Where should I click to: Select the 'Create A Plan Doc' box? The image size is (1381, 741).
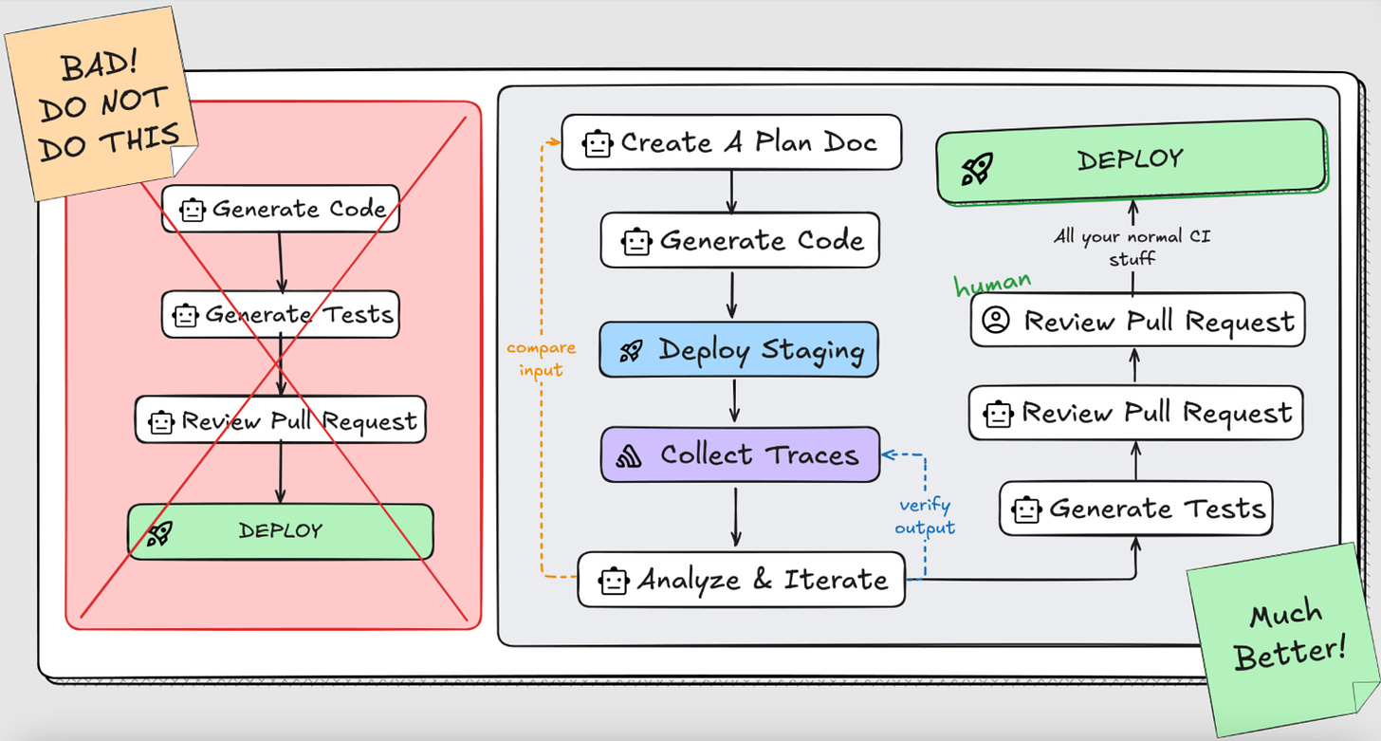click(x=730, y=143)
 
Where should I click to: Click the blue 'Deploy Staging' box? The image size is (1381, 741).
click(x=739, y=350)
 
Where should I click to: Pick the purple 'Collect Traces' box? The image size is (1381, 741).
click(x=740, y=454)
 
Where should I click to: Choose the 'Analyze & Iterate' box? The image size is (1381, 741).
click(x=741, y=579)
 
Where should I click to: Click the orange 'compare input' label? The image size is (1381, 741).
click(x=541, y=360)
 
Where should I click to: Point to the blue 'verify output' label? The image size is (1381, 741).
click(x=924, y=516)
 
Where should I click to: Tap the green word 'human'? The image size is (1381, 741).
click(x=992, y=284)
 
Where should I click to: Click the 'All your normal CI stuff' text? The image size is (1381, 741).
click(x=1132, y=247)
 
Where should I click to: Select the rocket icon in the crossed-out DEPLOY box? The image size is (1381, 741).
click(x=159, y=534)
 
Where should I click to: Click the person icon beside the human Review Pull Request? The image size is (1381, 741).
click(x=995, y=322)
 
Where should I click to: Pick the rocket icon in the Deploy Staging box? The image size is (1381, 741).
click(x=631, y=352)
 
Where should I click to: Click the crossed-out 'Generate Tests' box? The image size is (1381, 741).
click(x=280, y=314)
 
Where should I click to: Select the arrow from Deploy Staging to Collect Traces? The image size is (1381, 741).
click(x=733, y=400)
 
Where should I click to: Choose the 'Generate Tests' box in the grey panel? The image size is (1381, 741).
click(x=1135, y=509)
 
